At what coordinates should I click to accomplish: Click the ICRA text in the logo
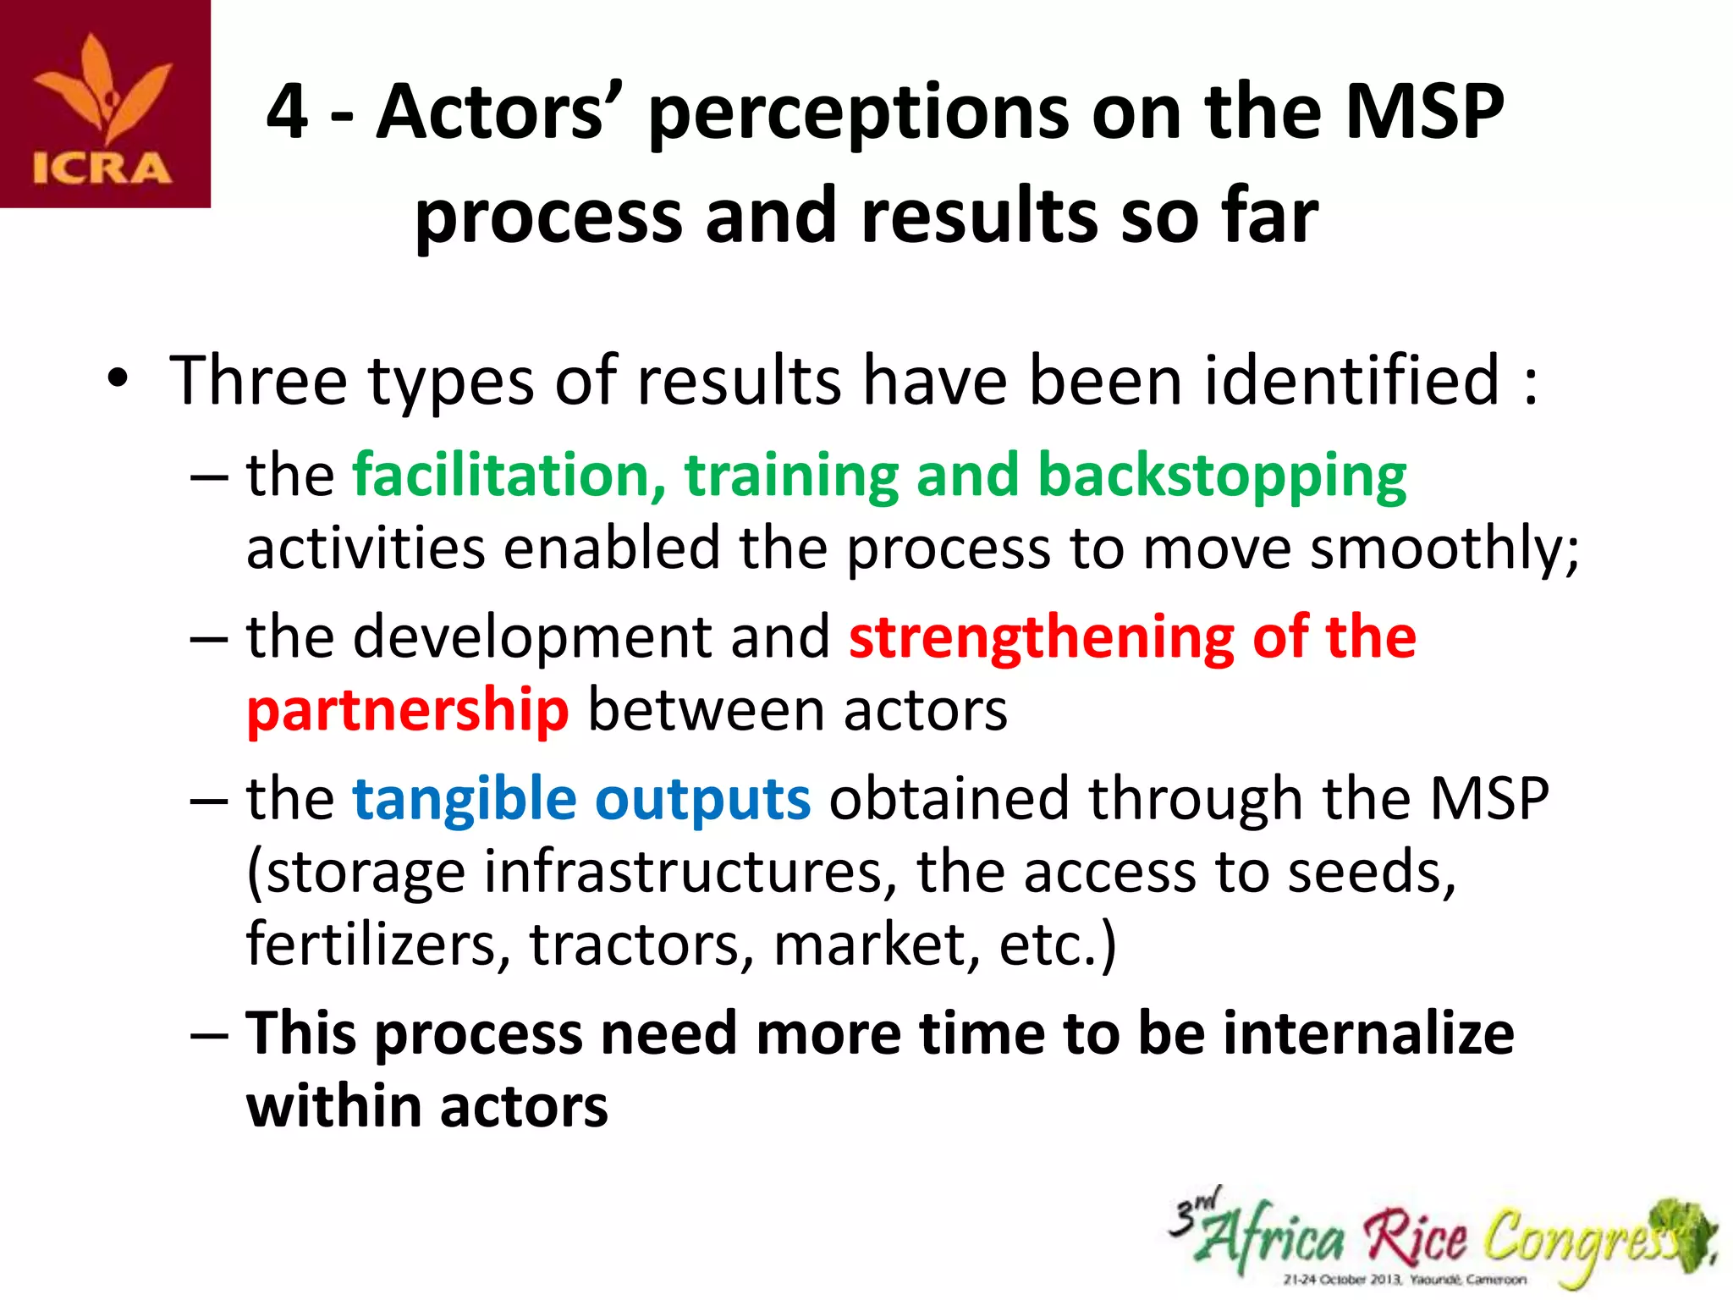point(102,168)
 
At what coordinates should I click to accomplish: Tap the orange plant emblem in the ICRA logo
point(104,90)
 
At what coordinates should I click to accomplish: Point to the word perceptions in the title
point(859,116)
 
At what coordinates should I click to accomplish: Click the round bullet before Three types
point(118,380)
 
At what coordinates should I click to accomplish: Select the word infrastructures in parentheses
point(684,872)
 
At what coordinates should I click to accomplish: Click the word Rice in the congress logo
point(1416,1238)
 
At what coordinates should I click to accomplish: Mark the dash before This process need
point(209,1035)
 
